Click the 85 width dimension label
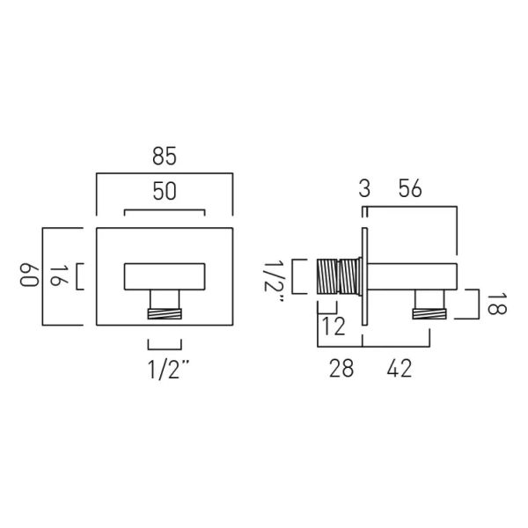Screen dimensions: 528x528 pos(165,157)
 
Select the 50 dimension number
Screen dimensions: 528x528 pos(165,191)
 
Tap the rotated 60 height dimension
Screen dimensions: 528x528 pos(29,276)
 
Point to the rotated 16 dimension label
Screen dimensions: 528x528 pos(59,275)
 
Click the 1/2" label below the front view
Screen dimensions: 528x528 pos(168,370)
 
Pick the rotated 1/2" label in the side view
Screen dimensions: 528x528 pos(275,282)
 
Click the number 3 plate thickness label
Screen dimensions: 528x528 pos(364,188)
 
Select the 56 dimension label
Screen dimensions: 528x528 pos(410,188)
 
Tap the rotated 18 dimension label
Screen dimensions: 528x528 pos(496,304)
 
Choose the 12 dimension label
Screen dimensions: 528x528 pos(334,326)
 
